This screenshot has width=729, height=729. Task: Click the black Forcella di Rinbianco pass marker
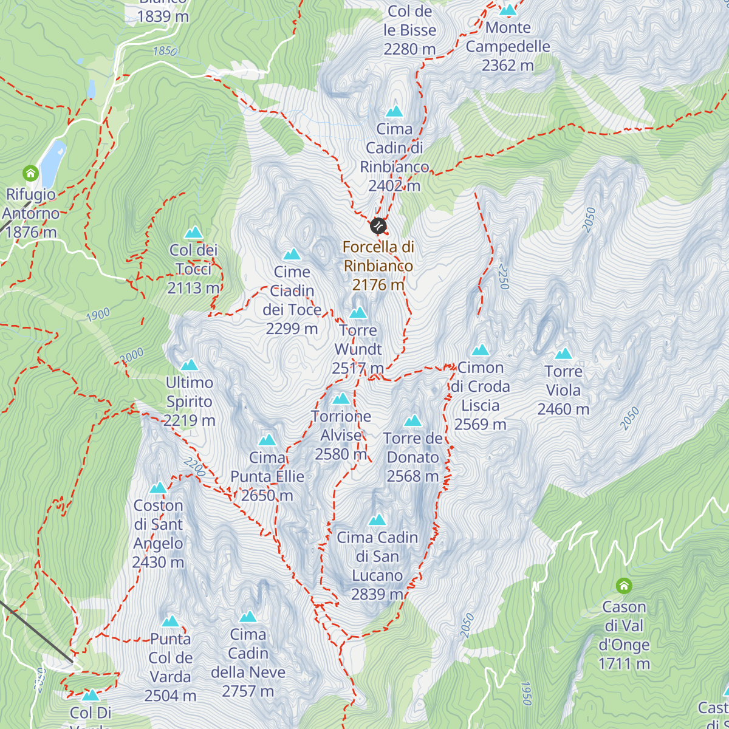coord(378,226)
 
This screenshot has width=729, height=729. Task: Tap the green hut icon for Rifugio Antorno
coord(30,174)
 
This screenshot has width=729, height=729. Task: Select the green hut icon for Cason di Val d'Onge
coord(624,586)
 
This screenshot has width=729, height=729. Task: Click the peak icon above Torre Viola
coord(563,354)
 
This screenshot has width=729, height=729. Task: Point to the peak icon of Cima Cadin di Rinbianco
coord(394,111)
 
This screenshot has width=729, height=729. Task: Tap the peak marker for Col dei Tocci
coord(193,232)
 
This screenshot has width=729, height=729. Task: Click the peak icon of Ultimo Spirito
coord(190,365)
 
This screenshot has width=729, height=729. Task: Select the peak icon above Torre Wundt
coord(358,313)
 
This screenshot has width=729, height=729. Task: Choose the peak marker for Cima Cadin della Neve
coord(248,617)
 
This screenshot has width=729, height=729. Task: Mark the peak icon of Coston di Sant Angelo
coord(158,488)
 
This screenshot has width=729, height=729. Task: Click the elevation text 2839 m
coord(377,594)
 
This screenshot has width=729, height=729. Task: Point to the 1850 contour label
coord(165,51)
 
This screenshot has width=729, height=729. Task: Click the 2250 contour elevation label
coord(502,276)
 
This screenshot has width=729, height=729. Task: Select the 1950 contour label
coord(525,693)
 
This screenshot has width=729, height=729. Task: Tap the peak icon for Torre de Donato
coord(412,421)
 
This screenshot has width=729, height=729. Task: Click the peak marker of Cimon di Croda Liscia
coord(481,350)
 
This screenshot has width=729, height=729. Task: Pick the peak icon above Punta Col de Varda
coord(170,621)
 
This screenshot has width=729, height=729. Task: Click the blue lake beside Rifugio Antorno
coord(53,156)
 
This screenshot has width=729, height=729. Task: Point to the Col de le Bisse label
coord(410,30)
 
